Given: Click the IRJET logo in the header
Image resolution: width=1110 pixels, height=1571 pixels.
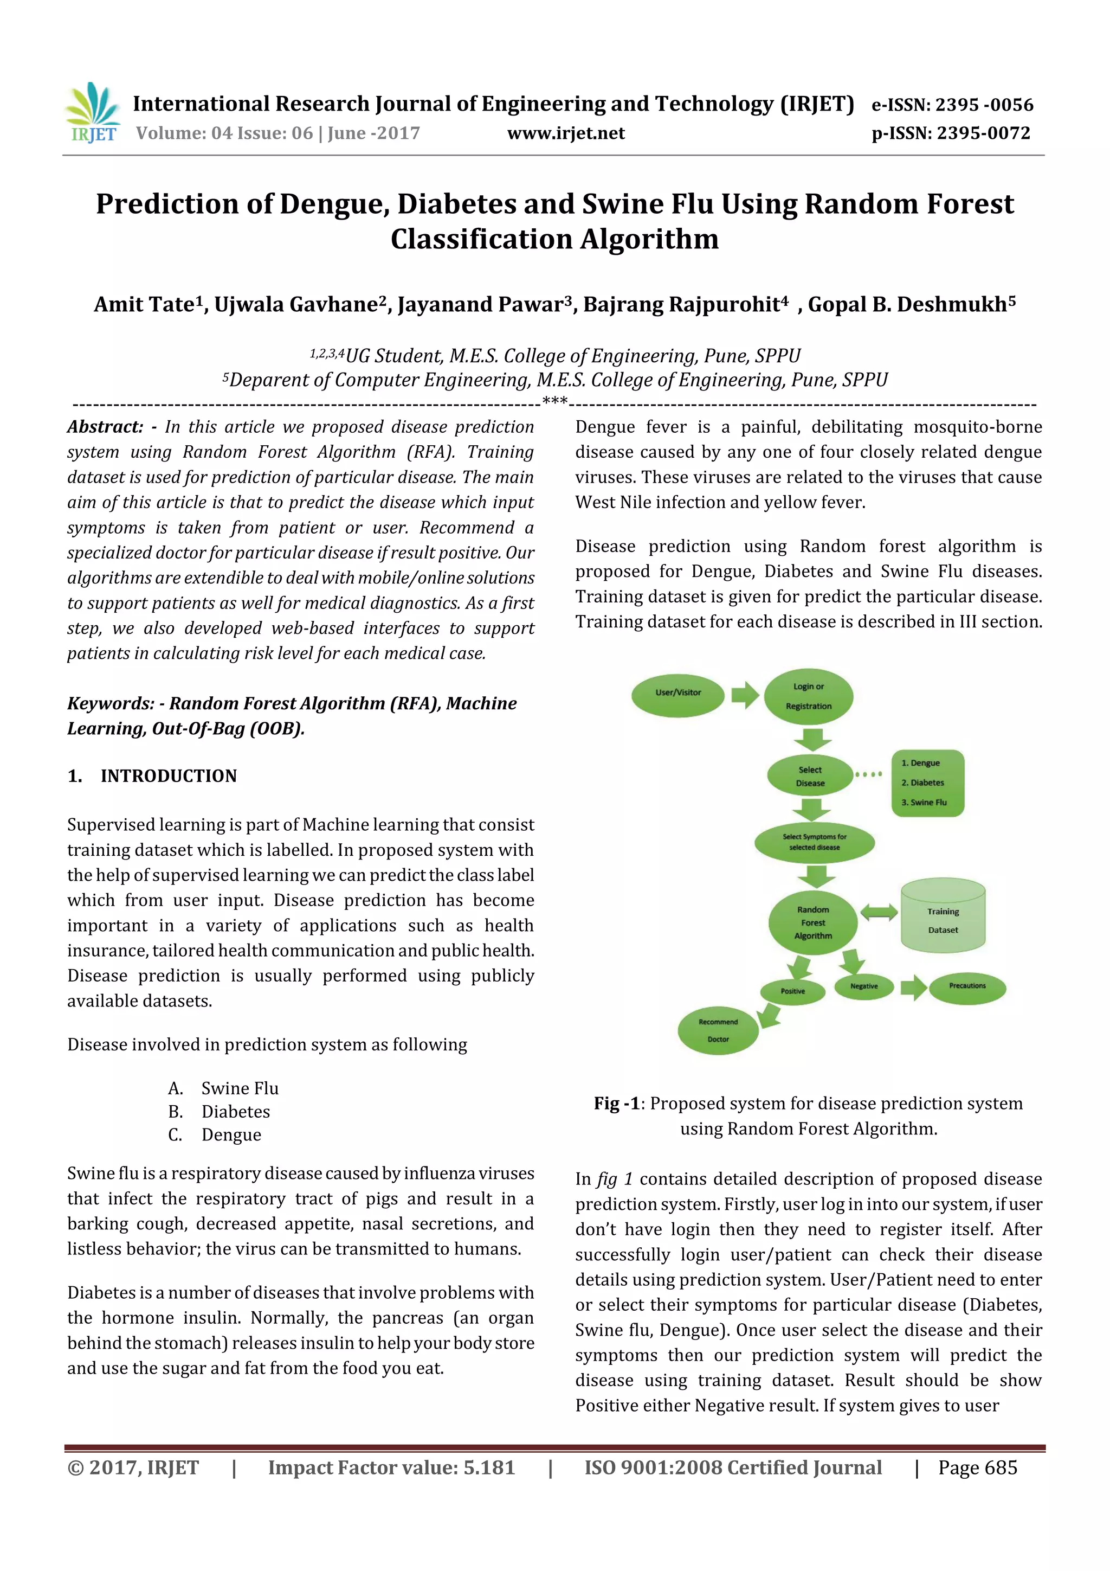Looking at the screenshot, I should click(92, 113).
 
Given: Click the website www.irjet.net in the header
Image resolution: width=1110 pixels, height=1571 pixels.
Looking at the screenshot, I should click(566, 133).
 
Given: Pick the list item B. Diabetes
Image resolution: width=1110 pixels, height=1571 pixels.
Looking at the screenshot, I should click(219, 1111).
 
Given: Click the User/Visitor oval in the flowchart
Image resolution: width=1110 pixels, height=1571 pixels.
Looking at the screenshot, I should click(678, 693).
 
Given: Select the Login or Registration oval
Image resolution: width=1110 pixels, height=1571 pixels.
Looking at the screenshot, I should click(809, 696).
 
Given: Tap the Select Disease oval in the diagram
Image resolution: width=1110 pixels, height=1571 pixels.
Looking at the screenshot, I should click(810, 776).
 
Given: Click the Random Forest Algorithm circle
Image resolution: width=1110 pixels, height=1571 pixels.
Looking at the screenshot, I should click(813, 922).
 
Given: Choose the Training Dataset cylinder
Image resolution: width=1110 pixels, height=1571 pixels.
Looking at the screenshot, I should click(943, 917).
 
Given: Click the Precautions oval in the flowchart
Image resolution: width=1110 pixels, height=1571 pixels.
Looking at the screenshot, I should click(967, 986).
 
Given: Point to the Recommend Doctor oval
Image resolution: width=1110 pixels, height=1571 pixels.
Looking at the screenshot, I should click(718, 1030).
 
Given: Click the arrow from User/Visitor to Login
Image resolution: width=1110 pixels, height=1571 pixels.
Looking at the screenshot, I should click(745, 695).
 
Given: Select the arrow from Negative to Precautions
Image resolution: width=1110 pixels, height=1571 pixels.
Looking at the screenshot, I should click(913, 986).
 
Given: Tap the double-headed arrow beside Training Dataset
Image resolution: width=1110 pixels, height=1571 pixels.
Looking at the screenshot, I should click(879, 912).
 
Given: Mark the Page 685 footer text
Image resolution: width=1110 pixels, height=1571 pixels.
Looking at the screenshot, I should click(977, 1467).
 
